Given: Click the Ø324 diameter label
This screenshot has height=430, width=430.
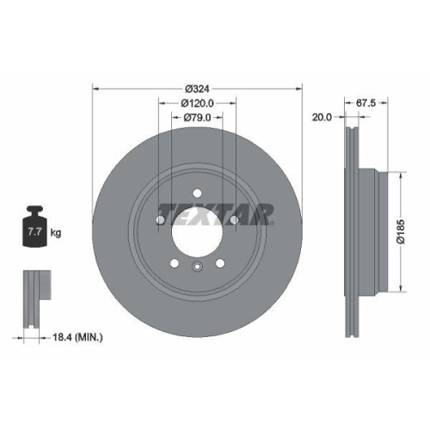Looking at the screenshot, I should pos(197,87).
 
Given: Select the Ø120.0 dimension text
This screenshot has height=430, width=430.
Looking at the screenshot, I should pos(197,102).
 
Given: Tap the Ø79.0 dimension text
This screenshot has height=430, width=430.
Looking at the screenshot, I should pos(197,118).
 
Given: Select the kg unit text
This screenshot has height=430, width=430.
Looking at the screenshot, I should pos(55,232).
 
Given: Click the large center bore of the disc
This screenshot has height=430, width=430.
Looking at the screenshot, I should pos(197,230).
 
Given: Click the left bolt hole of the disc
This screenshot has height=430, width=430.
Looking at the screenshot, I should pos(161,220).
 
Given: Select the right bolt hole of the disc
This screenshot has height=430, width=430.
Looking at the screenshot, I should pos(233,220).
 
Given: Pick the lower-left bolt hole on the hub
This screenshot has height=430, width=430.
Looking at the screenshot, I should pos(175,262).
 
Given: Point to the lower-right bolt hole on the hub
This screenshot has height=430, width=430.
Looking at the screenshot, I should pos(219,262).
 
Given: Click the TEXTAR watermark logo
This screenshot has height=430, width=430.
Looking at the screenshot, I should pos(215,212).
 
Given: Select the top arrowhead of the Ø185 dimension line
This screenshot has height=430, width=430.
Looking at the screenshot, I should pos(401,171).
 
